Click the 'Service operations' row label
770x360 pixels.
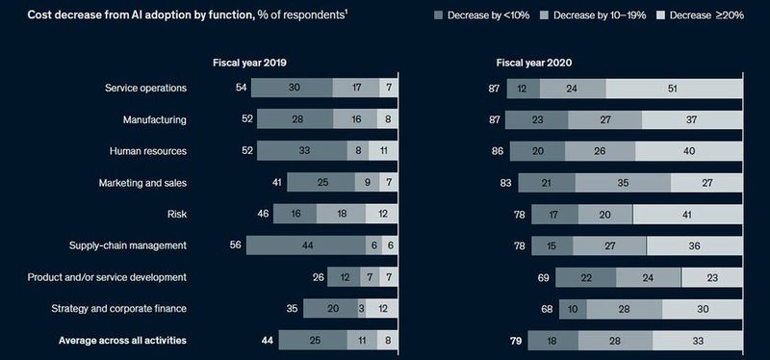[x=145, y=88]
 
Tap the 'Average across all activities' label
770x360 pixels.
[x=122, y=340]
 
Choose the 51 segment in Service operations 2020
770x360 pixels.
[x=674, y=88]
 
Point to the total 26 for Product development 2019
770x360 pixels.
[x=319, y=277]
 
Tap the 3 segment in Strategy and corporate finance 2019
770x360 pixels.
[x=361, y=309]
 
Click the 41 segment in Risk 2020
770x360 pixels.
[x=687, y=214]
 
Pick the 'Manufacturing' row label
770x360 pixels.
[x=154, y=119]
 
